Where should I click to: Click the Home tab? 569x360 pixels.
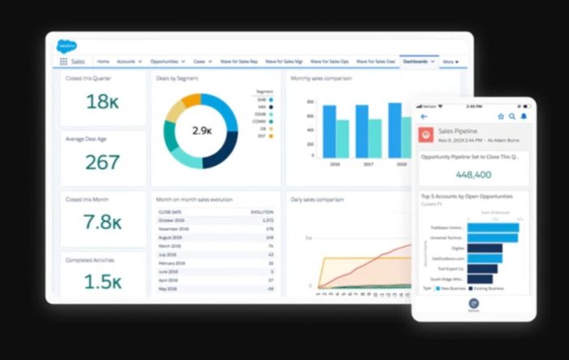pyautogui.click(x=103, y=61)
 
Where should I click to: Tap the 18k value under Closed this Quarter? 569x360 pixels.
pyautogui.click(x=102, y=102)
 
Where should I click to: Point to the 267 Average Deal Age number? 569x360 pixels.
pyautogui.click(x=102, y=163)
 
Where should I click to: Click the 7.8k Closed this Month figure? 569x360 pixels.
pyautogui.click(x=102, y=223)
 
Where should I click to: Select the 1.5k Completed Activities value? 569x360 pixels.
pyautogui.click(x=102, y=281)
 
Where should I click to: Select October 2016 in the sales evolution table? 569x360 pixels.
pyautogui.click(x=172, y=220)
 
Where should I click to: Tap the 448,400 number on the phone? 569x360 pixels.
pyautogui.click(x=473, y=174)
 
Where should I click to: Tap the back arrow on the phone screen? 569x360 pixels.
pyautogui.click(x=423, y=116)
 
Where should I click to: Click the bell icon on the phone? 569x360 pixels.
pyautogui.click(x=523, y=116)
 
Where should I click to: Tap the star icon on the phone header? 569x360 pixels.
pyautogui.click(x=501, y=116)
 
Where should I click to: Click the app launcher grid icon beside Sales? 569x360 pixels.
pyautogui.click(x=63, y=61)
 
